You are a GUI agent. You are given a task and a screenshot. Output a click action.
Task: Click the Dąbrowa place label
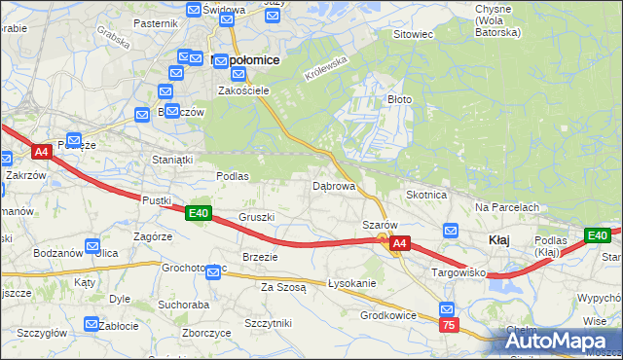pos(333,185)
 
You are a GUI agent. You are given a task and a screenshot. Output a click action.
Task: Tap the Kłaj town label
pos(499,239)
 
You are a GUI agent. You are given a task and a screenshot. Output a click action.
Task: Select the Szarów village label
pos(379,224)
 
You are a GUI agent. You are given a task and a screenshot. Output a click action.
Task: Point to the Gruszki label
pos(257,217)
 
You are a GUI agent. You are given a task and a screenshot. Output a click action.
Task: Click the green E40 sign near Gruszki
pos(199,213)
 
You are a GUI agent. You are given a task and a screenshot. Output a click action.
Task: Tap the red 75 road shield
pos(448,325)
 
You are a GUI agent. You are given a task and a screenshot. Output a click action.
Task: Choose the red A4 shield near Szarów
pos(401,245)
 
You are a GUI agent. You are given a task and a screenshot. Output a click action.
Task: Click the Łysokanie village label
pos(351,283)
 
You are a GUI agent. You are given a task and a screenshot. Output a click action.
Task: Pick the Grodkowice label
pos(388,315)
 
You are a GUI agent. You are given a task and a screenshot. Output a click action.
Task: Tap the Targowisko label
pos(457,274)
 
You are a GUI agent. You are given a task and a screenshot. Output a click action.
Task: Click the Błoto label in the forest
pos(401,99)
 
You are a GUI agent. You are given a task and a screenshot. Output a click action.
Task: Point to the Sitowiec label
pos(412,34)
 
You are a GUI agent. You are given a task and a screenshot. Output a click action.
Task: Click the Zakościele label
pos(242,90)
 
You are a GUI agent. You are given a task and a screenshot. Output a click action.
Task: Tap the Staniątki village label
pos(173,158)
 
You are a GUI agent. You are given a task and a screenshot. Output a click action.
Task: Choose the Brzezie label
pos(260,257)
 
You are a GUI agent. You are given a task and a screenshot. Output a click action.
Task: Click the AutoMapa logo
pos(562,341)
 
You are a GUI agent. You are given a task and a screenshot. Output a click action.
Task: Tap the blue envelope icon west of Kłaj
pos(451,231)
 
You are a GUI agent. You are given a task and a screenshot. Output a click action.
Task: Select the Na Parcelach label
pos(506,207)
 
